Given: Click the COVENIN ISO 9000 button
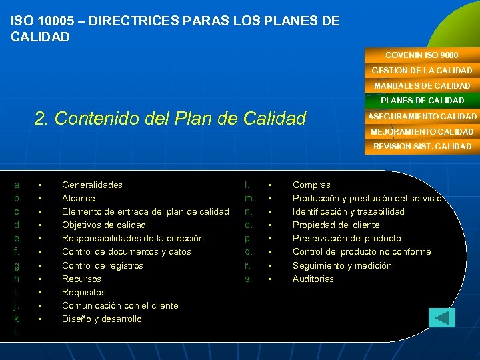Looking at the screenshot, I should (x=421, y=55).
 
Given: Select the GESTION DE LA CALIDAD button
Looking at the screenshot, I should (x=421, y=70).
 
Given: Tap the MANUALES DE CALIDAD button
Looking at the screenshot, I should (x=421, y=85).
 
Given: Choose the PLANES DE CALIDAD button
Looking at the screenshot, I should (x=421, y=101).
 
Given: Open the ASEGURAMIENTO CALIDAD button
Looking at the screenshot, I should (x=421, y=116).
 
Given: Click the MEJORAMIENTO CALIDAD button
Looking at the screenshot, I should (x=421, y=131).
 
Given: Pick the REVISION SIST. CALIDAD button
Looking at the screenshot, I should (x=421, y=147).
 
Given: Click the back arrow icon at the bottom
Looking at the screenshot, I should (x=441, y=317).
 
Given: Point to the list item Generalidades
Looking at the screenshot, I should (x=92, y=185).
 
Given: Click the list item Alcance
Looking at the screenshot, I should (x=78, y=198).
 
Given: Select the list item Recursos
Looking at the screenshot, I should (x=81, y=279).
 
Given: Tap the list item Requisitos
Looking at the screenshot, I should (x=83, y=292).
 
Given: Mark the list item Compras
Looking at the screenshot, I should (x=311, y=185).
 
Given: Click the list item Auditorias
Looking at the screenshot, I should (x=313, y=279).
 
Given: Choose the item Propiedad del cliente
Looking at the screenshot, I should (x=336, y=225).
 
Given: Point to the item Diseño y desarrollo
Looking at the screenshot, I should (x=101, y=319).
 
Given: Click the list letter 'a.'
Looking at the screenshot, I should (x=18, y=185).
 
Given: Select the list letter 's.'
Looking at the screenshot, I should (x=249, y=279).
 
